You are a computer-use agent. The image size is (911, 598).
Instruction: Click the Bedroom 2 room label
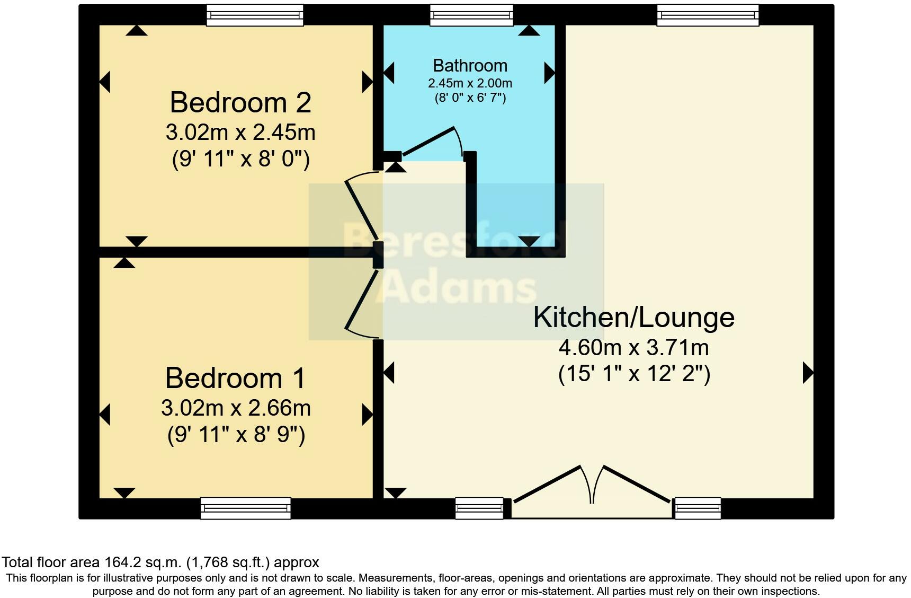[240, 102]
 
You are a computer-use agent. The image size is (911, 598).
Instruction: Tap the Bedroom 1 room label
[235, 379]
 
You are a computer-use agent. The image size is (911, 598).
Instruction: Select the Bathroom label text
[470, 66]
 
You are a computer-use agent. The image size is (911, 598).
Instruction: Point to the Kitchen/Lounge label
[633, 318]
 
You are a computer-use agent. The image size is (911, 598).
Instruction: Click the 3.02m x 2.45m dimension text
[240, 133]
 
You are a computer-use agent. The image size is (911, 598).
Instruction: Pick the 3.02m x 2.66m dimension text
[236, 408]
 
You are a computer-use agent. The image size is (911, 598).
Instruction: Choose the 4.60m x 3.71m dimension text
[633, 348]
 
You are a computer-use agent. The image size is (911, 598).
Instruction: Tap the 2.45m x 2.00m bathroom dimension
[470, 83]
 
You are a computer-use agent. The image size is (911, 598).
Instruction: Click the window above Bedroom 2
[255, 15]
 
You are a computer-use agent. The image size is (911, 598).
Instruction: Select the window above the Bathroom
[471, 15]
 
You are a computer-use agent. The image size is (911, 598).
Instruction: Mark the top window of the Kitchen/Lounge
[708, 15]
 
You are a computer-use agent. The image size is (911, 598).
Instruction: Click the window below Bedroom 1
[246, 508]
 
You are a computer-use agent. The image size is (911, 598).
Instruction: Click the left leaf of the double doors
[548, 483]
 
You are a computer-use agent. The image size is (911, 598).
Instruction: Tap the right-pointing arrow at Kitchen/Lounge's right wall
[808, 373]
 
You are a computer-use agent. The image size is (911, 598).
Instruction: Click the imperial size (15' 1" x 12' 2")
[633, 375]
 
